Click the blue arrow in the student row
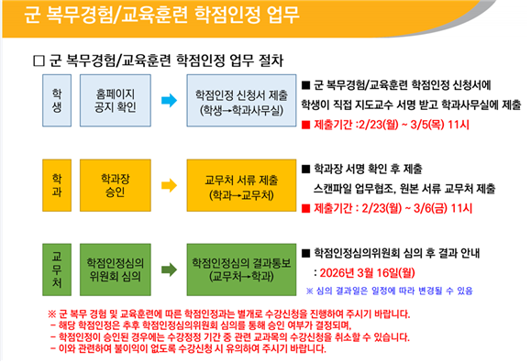169,100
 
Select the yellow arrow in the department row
169,185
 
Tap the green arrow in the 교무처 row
169,269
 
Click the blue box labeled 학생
57,101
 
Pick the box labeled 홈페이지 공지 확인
116,101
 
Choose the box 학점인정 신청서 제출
241,101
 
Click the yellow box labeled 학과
57,185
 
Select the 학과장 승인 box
116,185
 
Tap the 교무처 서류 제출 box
241,185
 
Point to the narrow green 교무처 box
57,269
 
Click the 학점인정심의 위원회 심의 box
116,269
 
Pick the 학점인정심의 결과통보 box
241,269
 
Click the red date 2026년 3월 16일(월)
368,273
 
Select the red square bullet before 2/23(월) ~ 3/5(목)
305,125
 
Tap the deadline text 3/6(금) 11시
443,208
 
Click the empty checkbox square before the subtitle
39,60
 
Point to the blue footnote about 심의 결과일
390,291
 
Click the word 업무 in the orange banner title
282,15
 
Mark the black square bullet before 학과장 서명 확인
305,169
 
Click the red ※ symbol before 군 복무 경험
51,314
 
